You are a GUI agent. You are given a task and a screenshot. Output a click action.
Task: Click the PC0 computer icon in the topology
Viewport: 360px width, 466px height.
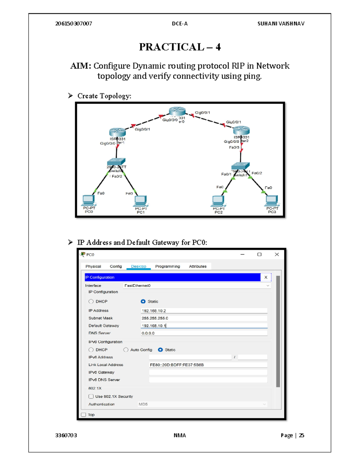click(x=88, y=200)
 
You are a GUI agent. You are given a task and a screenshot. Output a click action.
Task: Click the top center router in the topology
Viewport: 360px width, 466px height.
click(x=177, y=112)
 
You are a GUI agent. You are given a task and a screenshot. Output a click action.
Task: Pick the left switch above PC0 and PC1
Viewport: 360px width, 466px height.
click(x=116, y=162)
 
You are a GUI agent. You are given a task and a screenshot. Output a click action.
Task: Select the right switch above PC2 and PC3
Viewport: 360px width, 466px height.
click(x=240, y=166)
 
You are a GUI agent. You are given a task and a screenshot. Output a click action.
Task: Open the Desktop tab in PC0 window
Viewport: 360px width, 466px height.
click(x=138, y=266)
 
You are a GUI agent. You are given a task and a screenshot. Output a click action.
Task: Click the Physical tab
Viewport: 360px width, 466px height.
click(x=93, y=266)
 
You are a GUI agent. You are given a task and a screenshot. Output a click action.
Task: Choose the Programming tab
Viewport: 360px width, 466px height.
click(x=167, y=266)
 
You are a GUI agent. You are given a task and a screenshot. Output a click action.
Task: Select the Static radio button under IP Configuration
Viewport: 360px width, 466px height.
click(x=143, y=302)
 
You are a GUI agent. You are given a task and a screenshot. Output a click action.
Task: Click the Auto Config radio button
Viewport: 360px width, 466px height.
click(x=126, y=350)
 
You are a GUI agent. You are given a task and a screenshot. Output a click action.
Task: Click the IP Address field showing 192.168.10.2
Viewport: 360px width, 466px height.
click(x=204, y=311)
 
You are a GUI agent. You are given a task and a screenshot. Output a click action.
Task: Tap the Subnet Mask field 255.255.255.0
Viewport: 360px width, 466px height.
click(x=204, y=318)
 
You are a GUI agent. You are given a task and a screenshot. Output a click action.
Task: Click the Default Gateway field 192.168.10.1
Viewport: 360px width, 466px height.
click(x=204, y=326)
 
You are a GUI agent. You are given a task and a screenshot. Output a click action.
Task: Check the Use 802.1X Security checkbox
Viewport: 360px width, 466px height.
click(x=91, y=397)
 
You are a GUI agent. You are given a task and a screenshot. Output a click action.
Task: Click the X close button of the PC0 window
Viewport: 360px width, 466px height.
click(x=277, y=254)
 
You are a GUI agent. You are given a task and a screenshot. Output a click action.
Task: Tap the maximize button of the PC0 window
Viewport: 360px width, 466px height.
click(x=259, y=254)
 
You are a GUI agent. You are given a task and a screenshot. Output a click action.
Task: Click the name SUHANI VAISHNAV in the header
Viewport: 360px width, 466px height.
click(x=281, y=24)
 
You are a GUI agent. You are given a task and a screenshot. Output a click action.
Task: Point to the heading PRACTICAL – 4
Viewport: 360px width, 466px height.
click(x=180, y=47)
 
